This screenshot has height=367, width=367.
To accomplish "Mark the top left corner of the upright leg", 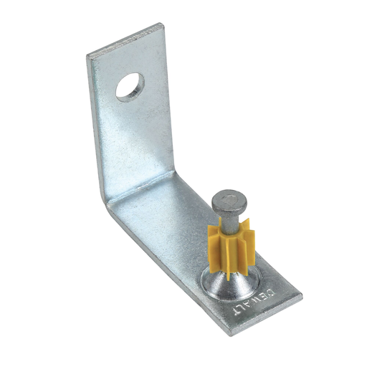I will (88, 55).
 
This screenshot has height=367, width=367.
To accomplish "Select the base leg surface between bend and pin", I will (172, 229).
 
